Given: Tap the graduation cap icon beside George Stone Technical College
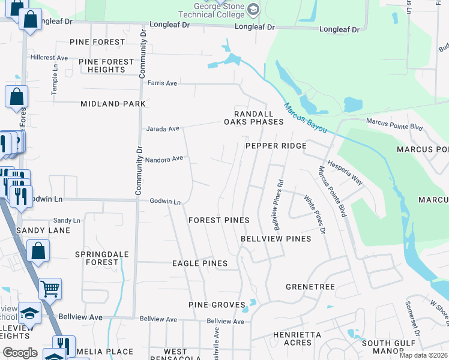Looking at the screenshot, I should (x=253, y=8).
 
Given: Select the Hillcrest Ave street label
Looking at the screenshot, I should (x=50, y=58).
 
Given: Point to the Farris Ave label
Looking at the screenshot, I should (x=163, y=83).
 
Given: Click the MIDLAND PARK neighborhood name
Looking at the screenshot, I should (x=113, y=104).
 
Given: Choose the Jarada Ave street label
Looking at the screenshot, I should (x=163, y=128).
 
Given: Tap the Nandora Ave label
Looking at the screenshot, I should (x=164, y=159).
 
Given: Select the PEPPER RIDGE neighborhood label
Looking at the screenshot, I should (x=276, y=146).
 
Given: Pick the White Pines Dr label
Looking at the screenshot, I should (x=314, y=214).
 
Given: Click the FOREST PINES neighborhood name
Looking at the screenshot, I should (x=218, y=220).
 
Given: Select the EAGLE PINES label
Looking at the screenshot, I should (x=200, y=263).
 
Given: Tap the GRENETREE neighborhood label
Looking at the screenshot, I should (x=310, y=287).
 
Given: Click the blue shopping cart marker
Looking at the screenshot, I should (x=50, y=289).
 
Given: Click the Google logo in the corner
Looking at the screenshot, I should (x=20, y=353).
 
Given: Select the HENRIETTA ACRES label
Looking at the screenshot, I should (x=292, y=338).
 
